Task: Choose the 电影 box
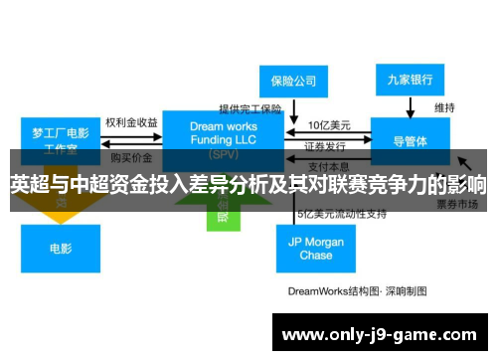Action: pos(60,248)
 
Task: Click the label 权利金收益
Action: pos(131,122)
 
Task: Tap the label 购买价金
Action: pos(131,157)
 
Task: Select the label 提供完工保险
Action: pos(250,108)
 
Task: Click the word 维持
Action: pos(444,107)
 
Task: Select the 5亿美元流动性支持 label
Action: pos(341,213)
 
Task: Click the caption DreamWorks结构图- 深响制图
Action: pos(357,291)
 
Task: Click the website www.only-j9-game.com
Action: pos(377,334)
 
